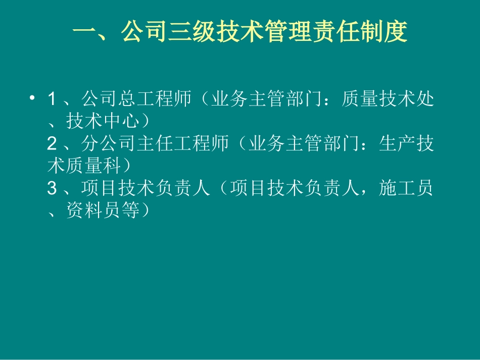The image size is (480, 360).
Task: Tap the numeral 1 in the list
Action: tap(52, 99)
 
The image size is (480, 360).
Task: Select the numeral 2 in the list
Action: tap(52, 144)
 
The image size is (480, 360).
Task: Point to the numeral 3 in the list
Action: tap(52, 189)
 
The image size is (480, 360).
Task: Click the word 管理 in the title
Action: tap(300, 34)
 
